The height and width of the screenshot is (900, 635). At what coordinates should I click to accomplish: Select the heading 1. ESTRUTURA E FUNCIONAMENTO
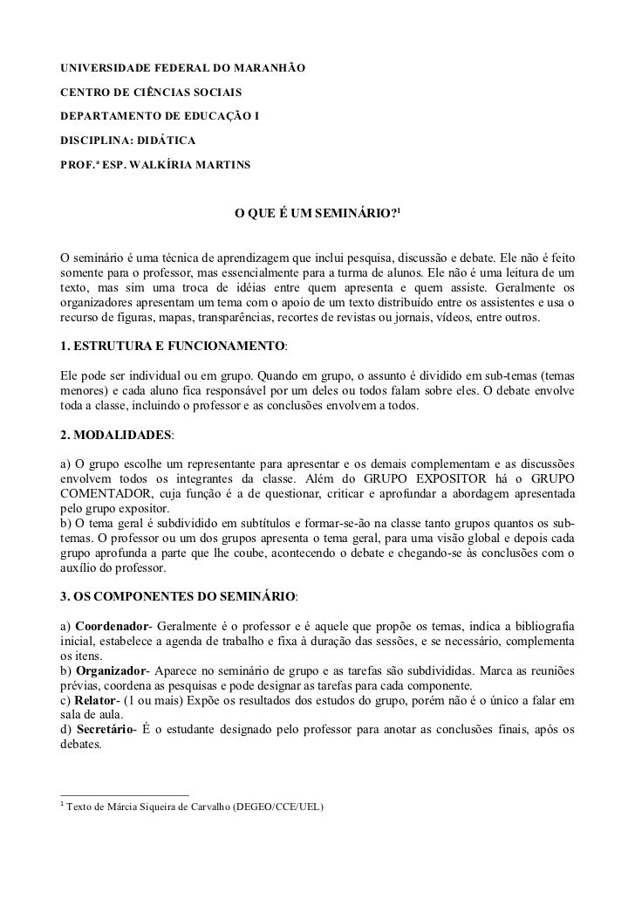[x=171, y=347]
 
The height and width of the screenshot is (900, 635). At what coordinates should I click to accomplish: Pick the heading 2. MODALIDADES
[x=115, y=434]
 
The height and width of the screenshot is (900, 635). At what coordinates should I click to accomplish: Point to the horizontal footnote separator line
[x=123, y=794]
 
